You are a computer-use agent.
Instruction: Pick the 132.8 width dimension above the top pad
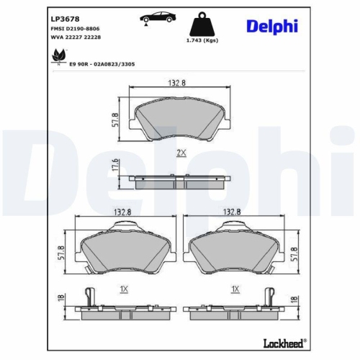pyautogui.click(x=178, y=84)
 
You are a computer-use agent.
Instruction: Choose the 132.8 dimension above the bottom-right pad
pyautogui.click(x=232, y=212)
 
